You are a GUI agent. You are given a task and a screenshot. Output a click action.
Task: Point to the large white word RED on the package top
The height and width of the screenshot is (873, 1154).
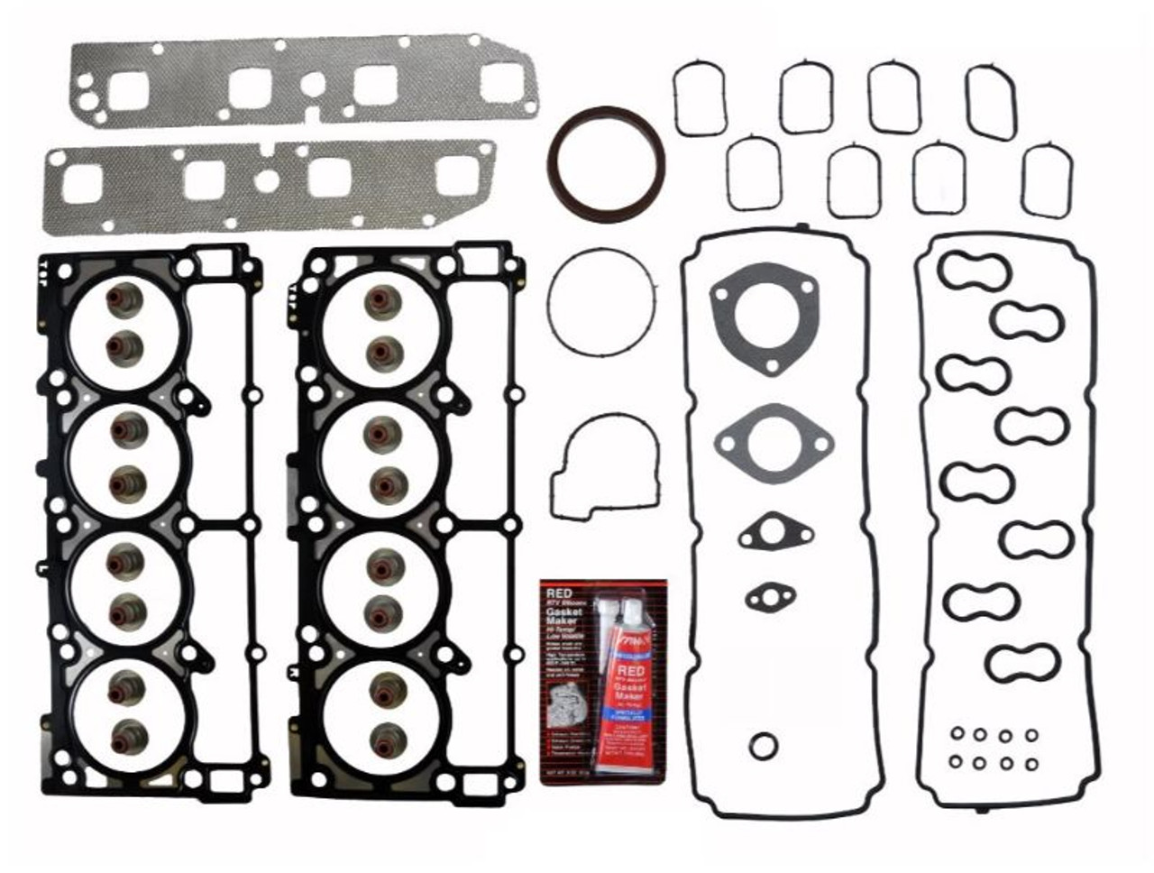[557, 592]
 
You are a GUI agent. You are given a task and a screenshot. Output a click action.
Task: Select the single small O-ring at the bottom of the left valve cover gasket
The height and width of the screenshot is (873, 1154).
[763, 745]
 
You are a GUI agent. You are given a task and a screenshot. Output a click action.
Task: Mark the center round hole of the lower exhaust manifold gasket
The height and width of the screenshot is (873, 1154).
[267, 180]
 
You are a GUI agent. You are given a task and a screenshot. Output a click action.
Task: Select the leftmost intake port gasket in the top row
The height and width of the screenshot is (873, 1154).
[700, 98]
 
